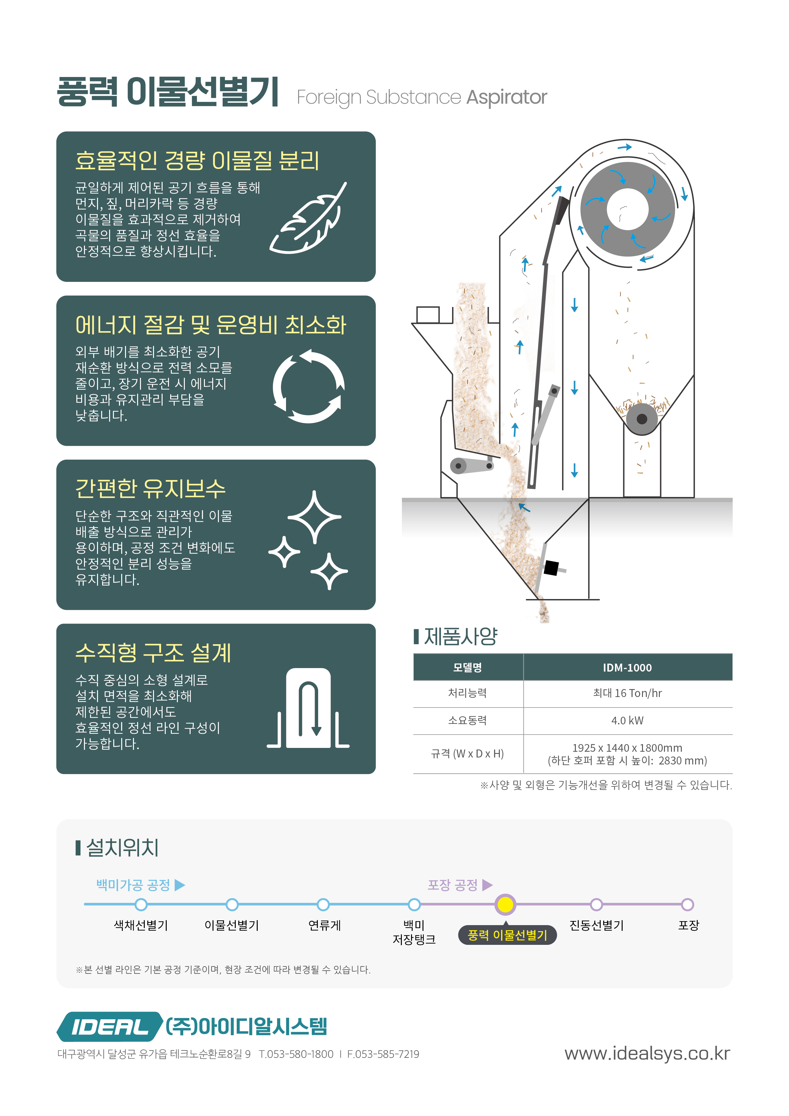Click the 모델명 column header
[468, 667]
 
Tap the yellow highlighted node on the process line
[505, 904]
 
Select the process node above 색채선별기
[141, 904]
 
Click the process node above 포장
[688, 904]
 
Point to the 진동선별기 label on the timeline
[597, 925]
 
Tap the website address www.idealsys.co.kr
[647, 1053]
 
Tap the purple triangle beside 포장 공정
[487, 885]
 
